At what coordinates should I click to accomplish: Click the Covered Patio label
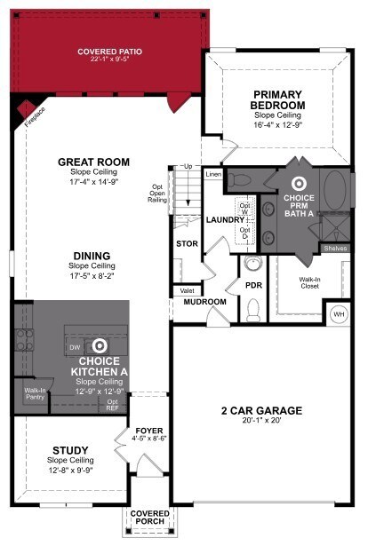(109, 51)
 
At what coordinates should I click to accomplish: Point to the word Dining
(92, 256)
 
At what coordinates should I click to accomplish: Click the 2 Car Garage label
(261, 411)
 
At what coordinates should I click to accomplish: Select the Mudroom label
(204, 302)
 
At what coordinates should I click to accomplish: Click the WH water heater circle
(338, 313)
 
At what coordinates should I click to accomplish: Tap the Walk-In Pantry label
(35, 393)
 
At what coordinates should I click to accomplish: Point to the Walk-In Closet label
(309, 283)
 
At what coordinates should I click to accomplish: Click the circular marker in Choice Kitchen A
(100, 344)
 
